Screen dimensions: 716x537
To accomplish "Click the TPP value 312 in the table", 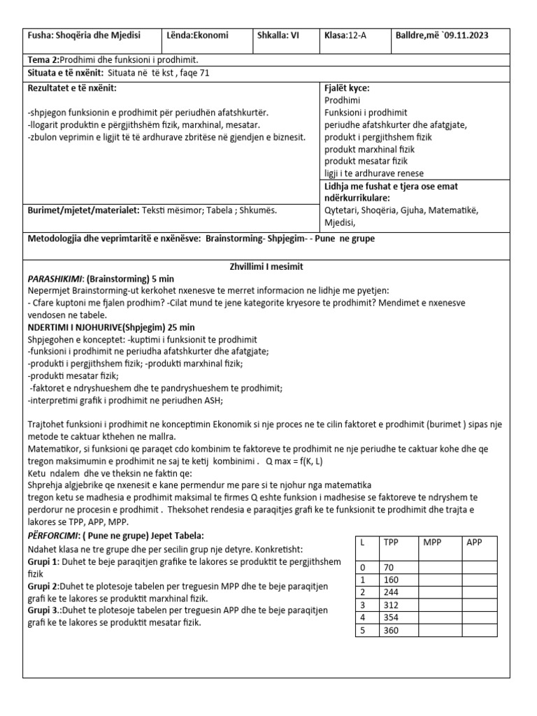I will pos(392,605).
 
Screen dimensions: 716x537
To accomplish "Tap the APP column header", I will pos(474,542).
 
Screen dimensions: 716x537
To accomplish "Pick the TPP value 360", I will pos(392,630).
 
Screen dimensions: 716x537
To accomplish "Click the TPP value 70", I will pos(389,567).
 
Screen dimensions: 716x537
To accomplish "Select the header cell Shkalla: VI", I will pos(278,35).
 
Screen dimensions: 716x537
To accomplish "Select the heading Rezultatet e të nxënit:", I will pos(72,88).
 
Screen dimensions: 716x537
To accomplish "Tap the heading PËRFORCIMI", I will pos(55,535).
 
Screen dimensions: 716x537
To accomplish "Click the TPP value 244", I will pos(392,592).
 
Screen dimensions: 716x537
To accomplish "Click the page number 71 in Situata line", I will pos(204,73).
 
